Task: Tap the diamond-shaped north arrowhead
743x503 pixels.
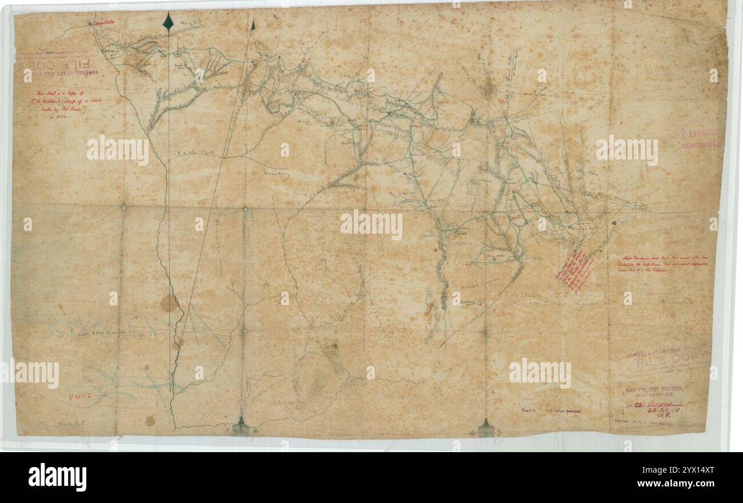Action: click(x=168, y=21)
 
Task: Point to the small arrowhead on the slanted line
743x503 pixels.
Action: click(x=252, y=25)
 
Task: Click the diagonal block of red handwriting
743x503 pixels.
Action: click(x=574, y=271)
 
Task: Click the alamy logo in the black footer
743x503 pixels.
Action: click(x=57, y=477)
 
